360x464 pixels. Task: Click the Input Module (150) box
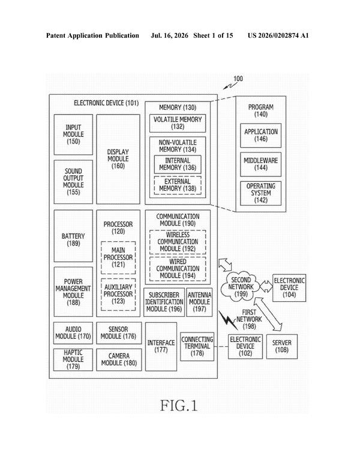(x=73, y=134)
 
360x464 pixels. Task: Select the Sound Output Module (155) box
(x=73, y=182)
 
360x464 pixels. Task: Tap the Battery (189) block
(x=73, y=236)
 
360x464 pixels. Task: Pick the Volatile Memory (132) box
(x=178, y=123)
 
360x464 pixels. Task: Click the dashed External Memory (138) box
(x=178, y=185)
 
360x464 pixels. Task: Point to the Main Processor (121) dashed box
(x=118, y=258)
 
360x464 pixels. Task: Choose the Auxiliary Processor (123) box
(x=118, y=295)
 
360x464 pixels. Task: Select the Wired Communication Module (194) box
(x=178, y=269)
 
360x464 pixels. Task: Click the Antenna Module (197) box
(x=199, y=302)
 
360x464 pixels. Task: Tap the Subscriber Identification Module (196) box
(x=164, y=302)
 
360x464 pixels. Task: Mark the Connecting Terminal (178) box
(x=197, y=346)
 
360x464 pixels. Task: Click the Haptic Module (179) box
(x=73, y=360)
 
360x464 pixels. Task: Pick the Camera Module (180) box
(x=119, y=360)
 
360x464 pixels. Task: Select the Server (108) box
(x=281, y=346)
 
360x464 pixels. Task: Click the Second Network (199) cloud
(x=241, y=287)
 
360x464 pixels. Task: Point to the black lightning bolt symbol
(x=228, y=320)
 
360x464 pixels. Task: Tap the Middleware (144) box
(x=260, y=164)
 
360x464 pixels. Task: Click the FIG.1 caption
(x=179, y=405)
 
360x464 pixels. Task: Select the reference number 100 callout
(x=238, y=79)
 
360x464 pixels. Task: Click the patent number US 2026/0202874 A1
(x=278, y=36)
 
